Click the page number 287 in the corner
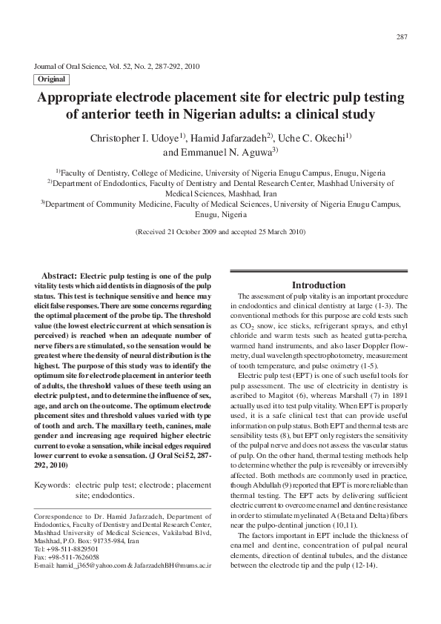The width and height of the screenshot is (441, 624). (402, 37)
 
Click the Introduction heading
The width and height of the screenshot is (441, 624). (318, 285)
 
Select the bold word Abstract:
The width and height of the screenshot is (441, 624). (60, 275)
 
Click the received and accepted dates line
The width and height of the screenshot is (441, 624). (220, 232)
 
